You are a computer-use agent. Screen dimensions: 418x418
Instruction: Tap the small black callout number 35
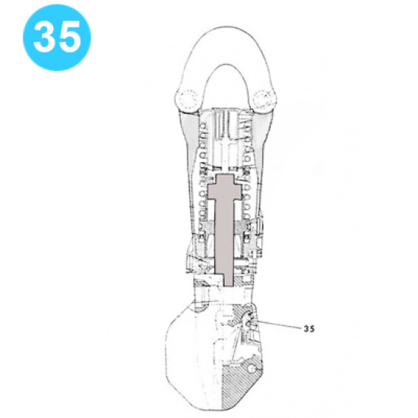click(309, 329)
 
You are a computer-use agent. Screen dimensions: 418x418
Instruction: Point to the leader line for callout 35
click(281, 326)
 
